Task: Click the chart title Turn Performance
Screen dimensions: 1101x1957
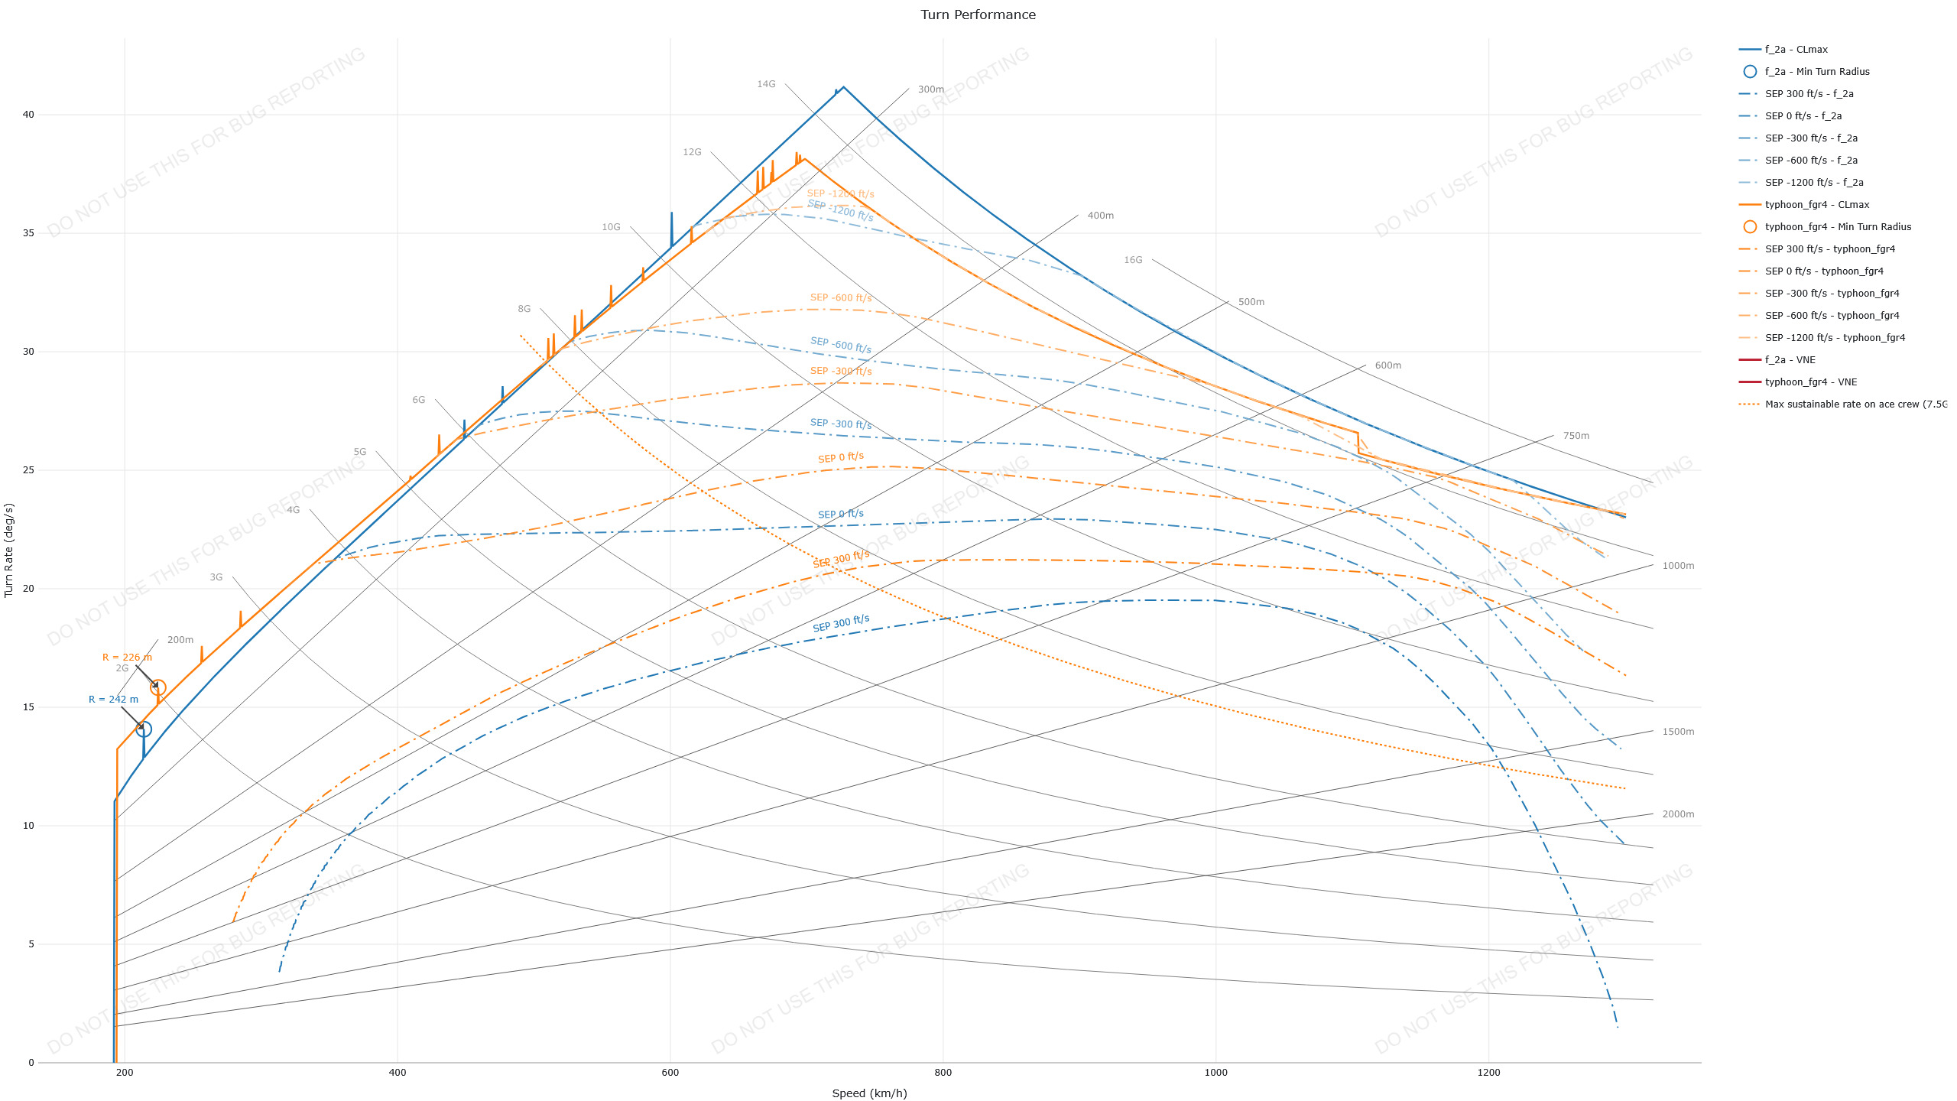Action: click(x=978, y=15)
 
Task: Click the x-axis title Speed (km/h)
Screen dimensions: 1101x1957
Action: click(x=869, y=1093)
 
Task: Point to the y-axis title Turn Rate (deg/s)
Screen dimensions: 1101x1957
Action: click(x=9, y=550)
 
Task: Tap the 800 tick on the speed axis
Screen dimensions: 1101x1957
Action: click(x=943, y=1073)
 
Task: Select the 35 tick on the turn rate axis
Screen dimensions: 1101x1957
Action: click(x=29, y=233)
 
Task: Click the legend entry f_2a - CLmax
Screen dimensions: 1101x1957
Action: click(x=1796, y=50)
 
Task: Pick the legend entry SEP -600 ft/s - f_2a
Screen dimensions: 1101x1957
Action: click(x=1811, y=161)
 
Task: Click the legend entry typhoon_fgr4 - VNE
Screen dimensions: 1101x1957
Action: click(x=1810, y=382)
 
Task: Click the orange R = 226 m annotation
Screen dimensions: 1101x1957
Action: click(x=127, y=658)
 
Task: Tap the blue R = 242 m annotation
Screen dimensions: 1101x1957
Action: click(x=113, y=700)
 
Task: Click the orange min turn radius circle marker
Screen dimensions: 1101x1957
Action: click(x=158, y=687)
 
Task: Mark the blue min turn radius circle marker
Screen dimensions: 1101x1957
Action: click(x=144, y=729)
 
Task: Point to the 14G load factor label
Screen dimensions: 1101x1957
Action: click(x=766, y=84)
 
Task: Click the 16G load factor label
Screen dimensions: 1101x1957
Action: click(x=1133, y=260)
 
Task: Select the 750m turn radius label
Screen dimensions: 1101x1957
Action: click(x=1576, y=436)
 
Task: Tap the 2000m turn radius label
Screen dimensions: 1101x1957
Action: click(x=1678, y=814)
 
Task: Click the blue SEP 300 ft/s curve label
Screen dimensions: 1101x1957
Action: click(x=841, y=623)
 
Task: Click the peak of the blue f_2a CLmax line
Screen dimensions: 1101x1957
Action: click(x=843, y=87)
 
